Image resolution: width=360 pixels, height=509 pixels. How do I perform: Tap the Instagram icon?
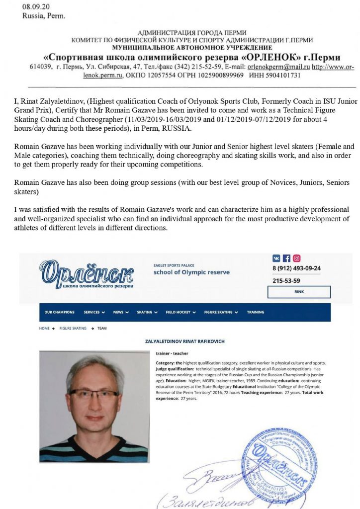click(x=296, y=258)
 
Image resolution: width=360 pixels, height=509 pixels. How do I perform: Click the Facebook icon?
click(x=286, y=258)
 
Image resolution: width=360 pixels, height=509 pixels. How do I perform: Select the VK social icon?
click(x=276, y=258)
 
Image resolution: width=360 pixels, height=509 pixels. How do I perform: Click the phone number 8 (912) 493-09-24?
click(x=296, y=269)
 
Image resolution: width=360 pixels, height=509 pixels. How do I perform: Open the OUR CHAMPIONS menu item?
click(x=60, y=312)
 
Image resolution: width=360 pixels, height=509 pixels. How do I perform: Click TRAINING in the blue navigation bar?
click(x=256, y=312)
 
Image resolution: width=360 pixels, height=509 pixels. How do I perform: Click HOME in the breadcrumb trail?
click(x=44, y=329)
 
